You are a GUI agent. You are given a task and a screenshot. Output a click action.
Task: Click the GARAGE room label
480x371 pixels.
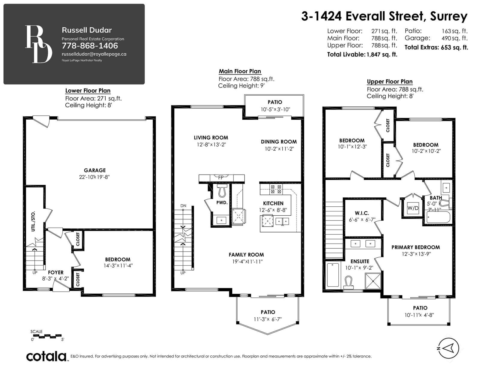click(x=94, y=170)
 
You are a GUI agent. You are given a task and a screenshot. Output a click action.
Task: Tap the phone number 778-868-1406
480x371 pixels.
click(x=90, y=46)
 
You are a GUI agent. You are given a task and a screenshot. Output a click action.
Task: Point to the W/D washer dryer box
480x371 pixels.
click(x=413, y=208)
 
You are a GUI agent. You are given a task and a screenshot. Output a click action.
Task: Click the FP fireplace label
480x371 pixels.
click(x=221, y=177)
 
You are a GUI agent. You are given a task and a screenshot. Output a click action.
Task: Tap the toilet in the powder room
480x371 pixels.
click(x=222, y=190)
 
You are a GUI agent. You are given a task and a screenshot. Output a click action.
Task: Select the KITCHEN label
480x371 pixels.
click(x=273, y=203)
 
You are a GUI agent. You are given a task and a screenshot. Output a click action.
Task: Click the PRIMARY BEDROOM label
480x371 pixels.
click(x=415, y=247)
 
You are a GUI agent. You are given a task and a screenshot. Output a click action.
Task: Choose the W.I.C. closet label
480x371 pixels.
click(x=362, y=213)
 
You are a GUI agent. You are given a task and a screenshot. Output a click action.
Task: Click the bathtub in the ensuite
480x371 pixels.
click(x=333, y=275)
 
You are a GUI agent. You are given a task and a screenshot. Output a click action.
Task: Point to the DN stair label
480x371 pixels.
click(x=183, y=206)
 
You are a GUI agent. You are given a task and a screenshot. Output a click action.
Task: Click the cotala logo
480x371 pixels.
click(x=46, y=356)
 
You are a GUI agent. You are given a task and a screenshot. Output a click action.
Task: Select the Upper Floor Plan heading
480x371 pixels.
click(x=390, y=82)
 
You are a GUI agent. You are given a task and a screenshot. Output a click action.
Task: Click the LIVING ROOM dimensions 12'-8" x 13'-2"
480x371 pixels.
click(x=211, y=145)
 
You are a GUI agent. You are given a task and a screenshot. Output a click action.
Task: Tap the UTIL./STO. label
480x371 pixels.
click(x=33, y=221)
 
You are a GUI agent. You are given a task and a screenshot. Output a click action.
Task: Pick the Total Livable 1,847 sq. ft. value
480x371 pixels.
click(x=382, y=55)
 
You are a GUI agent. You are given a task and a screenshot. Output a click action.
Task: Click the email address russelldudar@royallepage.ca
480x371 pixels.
click(x=94, y=54)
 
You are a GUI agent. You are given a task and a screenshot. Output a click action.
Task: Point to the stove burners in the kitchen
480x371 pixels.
click(x=276, y=189)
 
